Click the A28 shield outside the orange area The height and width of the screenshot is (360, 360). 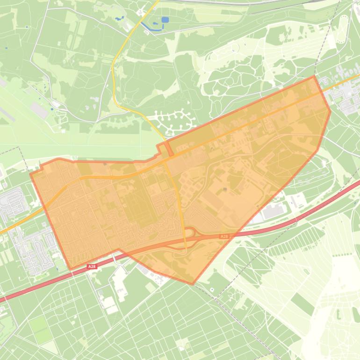(x=92, y=266)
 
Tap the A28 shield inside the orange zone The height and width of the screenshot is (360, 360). (x=224, y=237)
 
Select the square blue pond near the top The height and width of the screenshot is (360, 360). (x=165, y=20)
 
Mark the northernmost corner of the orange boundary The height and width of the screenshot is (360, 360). (x=314, y=76)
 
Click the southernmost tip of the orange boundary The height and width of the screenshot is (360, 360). (x=193, y=284)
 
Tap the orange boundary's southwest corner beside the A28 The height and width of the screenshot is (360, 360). (x=71, y=269)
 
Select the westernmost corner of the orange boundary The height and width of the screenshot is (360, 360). (x=31, y=174)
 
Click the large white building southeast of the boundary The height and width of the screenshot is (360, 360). (x=273, y=212)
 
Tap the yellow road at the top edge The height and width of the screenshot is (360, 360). (x=156, y=2)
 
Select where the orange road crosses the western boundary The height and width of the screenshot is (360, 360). (x=45, y=207)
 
